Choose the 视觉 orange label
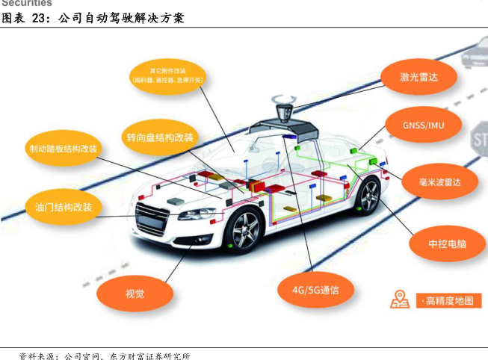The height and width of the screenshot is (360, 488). point(135,294)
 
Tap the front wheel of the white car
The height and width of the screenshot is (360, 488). point(244,230)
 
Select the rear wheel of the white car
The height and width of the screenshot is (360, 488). point(368,196)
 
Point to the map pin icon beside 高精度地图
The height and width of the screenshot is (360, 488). point(400,299)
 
